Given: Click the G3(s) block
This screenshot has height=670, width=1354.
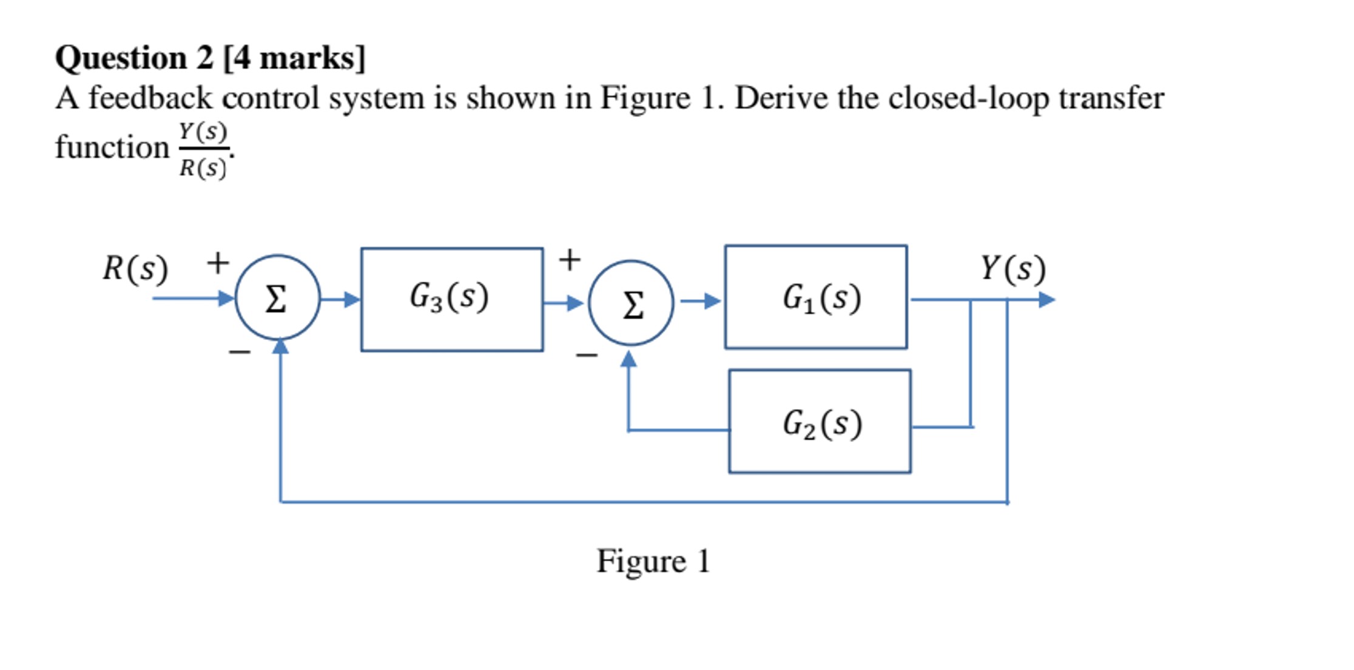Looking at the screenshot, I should point(452,299).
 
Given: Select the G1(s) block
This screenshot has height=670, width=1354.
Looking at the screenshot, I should point(816,297).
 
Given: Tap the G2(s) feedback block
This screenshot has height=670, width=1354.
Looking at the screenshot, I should point(820,422).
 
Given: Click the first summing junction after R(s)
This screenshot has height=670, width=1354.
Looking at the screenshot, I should point(277,297).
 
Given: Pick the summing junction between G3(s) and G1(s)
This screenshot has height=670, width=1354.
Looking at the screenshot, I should point(631,303).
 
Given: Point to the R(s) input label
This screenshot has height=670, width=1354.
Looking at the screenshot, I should point(135,268).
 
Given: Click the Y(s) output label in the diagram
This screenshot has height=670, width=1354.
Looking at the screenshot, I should point(1013,268).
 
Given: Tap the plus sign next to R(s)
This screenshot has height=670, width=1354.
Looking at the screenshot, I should point(218,263).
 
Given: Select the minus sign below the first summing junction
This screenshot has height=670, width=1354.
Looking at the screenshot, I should point(240,351).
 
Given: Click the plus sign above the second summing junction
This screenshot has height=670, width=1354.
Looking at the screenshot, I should point(570,260).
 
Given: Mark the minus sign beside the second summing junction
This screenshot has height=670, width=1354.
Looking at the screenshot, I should point(587,355).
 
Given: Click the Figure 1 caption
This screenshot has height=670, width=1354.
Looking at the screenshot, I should point(653,561).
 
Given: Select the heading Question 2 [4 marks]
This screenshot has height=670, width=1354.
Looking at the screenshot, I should point(210,58).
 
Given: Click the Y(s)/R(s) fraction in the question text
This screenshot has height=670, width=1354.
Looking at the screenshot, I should point(203,149).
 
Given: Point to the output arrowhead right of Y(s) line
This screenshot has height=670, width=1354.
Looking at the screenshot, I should point(1046,300).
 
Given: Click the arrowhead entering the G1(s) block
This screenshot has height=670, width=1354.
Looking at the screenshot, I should point(713,301).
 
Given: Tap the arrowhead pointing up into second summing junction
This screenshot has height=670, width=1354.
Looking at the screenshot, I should point(629,359).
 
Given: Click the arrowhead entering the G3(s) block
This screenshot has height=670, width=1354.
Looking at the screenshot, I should point(351,299).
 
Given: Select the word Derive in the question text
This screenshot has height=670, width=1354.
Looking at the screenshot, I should point(781,98).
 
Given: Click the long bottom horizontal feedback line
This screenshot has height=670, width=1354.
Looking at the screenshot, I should point(643,502).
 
